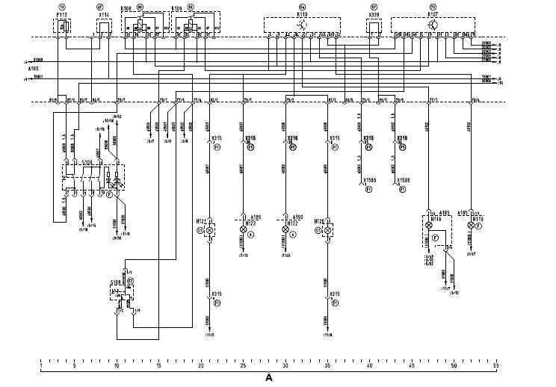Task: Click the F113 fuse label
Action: [61, 13]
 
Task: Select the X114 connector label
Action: [103, 13]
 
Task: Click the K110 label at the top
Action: [301, 13]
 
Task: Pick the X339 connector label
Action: [374, 13]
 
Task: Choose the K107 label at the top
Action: [433, 13]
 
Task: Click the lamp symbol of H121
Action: [210, 232]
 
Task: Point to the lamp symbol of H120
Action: [328, 232]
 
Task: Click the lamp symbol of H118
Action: [429, 225]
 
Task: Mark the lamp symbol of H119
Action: [470, 225]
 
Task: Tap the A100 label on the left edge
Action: [31, 67]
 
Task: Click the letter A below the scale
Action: [269, 378]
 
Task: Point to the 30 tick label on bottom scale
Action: [285, 366]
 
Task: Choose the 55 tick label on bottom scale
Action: [496, 366]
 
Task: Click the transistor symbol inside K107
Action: [433, 24]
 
